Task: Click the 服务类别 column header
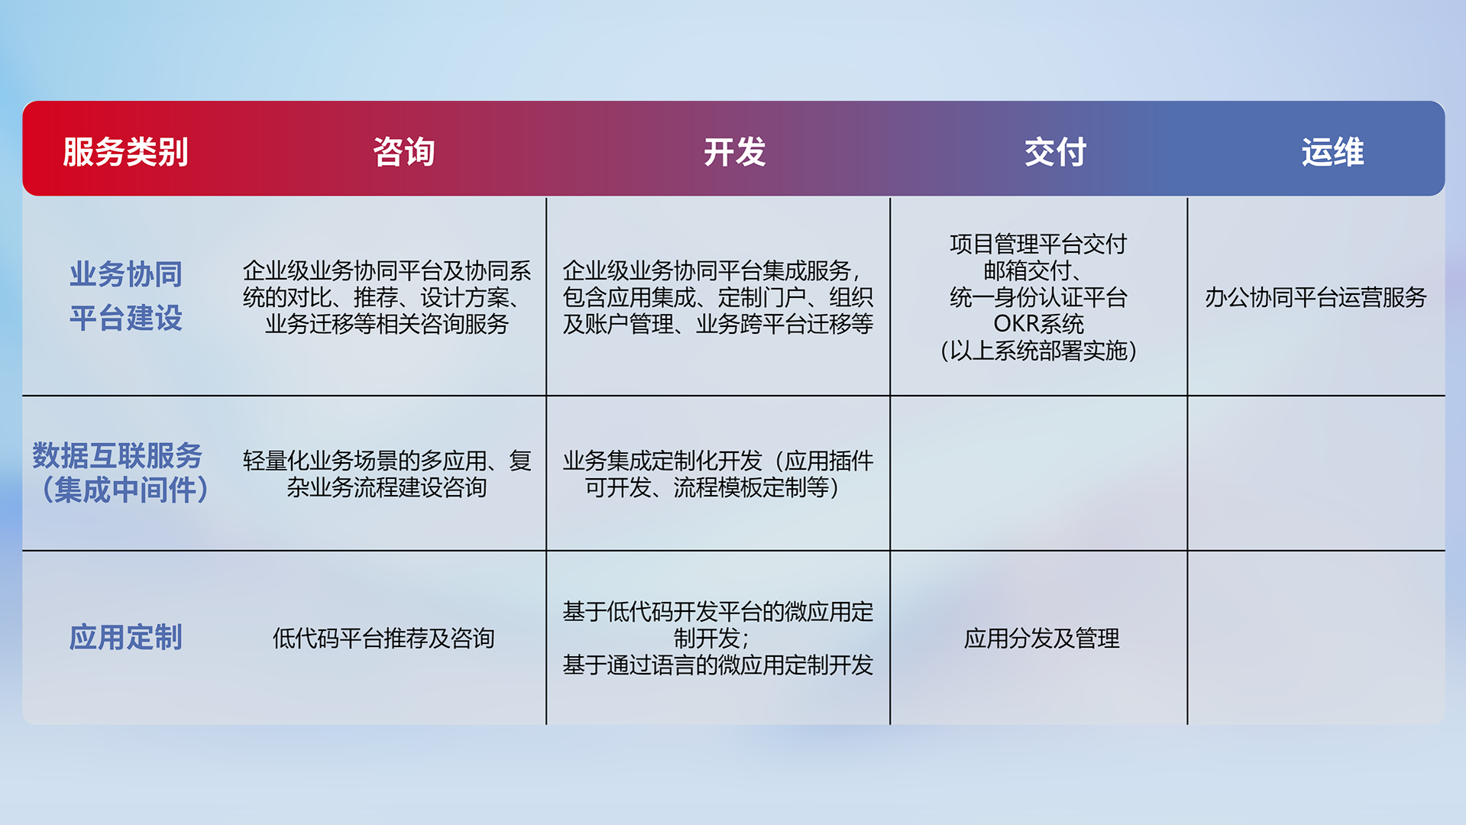coord(125,152)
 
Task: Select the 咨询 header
coord(404,152)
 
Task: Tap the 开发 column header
coord(734,152)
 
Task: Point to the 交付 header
coord(1055,152)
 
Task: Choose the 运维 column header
coord(1332,152)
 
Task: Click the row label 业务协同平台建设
coord(126,296)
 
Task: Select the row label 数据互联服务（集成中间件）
coord(121,473)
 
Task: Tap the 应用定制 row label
coord(126,637)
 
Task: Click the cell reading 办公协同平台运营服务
coord(1316,297)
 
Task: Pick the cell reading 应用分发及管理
coord(1041,638)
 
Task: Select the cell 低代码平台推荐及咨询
coord(383,638)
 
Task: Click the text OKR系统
coord(1038,324)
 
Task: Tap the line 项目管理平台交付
coord(1038,244)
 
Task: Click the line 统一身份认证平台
coord(1038,297)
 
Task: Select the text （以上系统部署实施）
coord(1038,351)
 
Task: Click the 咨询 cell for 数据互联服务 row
coord(387,474)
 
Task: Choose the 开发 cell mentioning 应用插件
coord(717,474)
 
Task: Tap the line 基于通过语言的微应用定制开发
coord(717,665)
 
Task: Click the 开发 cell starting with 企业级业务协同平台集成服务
coord(717,297)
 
